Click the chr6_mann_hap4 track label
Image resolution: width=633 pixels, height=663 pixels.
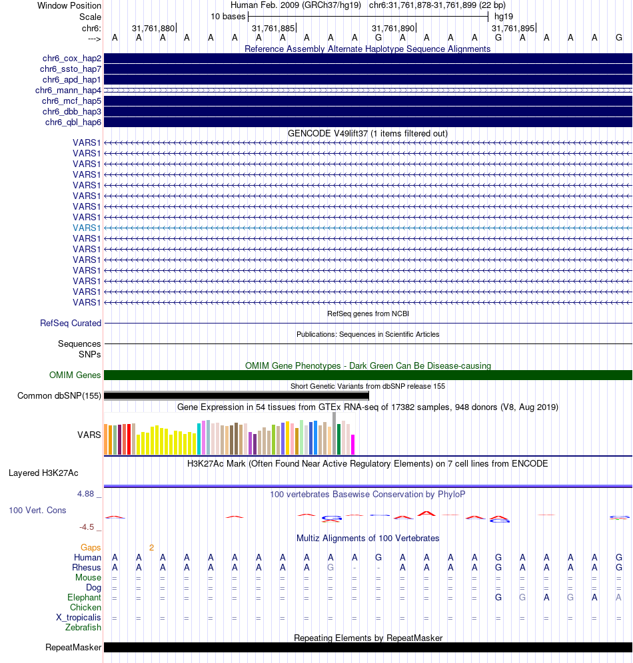point(68,90)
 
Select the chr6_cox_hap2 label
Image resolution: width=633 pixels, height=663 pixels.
point(72,59)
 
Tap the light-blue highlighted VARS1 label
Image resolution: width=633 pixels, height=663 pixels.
point(87,228)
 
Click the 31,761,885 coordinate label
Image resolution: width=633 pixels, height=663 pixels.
point(273,29)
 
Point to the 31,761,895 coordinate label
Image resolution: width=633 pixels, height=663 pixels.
point(513,29)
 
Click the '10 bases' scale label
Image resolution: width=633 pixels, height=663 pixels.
point(228,17)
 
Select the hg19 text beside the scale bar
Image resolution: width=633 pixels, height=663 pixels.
point(504,17)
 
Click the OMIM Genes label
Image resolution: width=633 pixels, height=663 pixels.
point(75,375)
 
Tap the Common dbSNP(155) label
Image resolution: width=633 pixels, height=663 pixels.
point(59,396)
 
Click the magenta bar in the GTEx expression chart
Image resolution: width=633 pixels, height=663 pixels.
point(353,445)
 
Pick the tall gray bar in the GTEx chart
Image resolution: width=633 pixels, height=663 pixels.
point(334,433)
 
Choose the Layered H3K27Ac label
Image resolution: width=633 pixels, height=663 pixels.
point(43,473)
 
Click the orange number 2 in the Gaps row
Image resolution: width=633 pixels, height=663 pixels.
point(151,548)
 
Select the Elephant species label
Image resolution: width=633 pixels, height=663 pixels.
point(84,598)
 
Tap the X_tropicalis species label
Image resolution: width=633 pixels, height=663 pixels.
point(79,617)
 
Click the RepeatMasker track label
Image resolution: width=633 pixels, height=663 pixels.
point(73,647)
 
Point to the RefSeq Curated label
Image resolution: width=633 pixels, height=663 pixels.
point(71,323)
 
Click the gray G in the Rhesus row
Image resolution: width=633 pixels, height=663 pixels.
point(330,567)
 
